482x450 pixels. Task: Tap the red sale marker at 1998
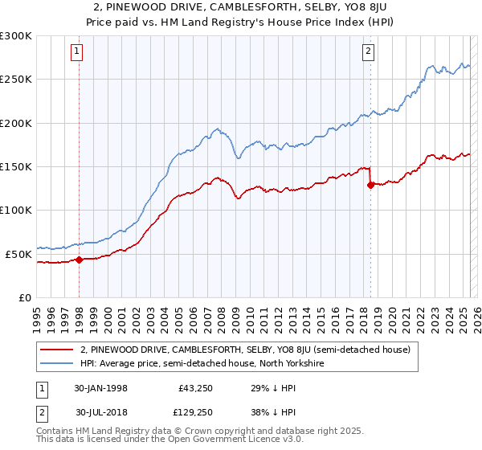[x=80, y=260]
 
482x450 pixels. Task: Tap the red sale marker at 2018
[x=370, y=185]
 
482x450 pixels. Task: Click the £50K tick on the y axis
[x=18, y=253]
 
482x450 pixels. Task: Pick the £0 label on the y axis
[x=24, y=297]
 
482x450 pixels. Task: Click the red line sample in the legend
[x=58, y=350]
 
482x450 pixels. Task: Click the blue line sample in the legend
[x=58, y=363]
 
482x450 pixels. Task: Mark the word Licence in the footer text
[x=232, y=441]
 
